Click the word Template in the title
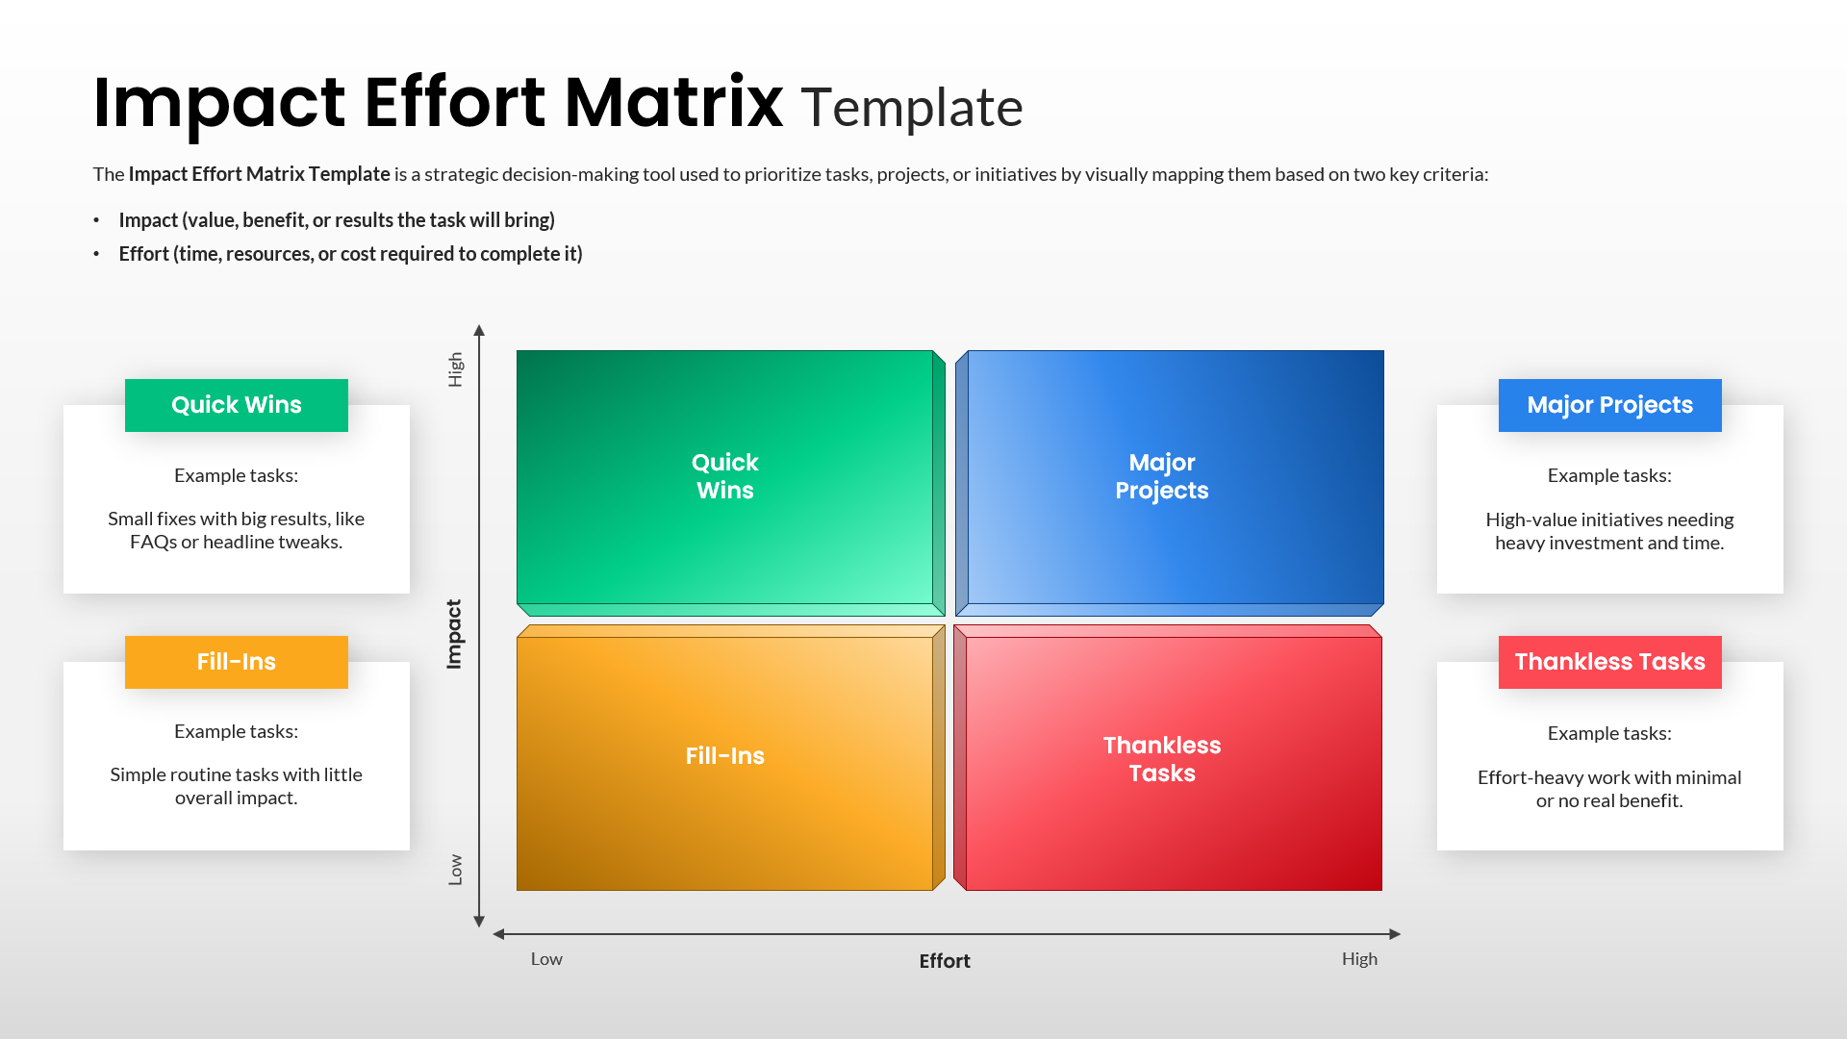coord(911,108)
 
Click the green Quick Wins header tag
coord(236,405)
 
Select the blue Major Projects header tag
coord(1609,405)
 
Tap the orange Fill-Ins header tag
coord(236,662)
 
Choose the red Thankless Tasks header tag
coord(1609,662)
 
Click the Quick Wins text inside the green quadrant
coord(724,476)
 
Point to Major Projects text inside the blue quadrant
coord(1161,476)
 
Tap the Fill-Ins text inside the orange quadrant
coord(724,756)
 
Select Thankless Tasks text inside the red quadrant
coord(1161,759)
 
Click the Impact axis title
coord(454,634)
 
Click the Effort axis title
coord(944,961)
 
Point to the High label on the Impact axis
coord(455,369)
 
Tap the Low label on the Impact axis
coord(455,870)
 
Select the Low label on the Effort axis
coord(546,959)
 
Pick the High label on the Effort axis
coord(1359,959)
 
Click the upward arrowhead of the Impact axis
coord(479,331)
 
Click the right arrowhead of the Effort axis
coord(1395,934)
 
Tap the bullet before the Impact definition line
coord(96,220)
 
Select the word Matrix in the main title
coord(673,103)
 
